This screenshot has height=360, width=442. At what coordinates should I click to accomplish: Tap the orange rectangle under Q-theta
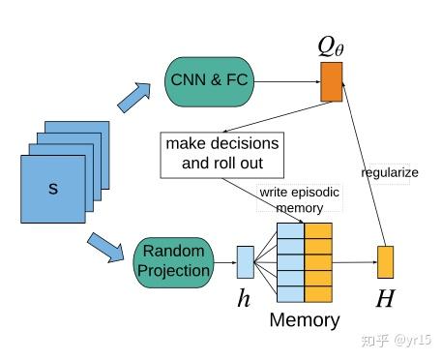[331, 82]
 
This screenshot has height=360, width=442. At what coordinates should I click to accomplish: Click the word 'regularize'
[390, 173]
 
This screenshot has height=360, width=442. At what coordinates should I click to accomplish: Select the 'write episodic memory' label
[299, 199]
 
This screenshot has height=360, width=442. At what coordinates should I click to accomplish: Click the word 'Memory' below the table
[305, 320]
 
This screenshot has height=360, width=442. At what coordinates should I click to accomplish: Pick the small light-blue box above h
[245, 261]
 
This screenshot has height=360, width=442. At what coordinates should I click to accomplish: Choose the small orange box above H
[385, 261]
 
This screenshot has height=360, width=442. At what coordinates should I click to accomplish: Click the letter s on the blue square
[53, 189]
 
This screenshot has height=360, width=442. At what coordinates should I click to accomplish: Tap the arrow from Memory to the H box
[354, 261]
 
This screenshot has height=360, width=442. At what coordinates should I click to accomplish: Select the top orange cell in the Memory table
[318, 230]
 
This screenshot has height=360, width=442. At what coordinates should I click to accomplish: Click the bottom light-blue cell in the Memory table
[290, 291]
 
